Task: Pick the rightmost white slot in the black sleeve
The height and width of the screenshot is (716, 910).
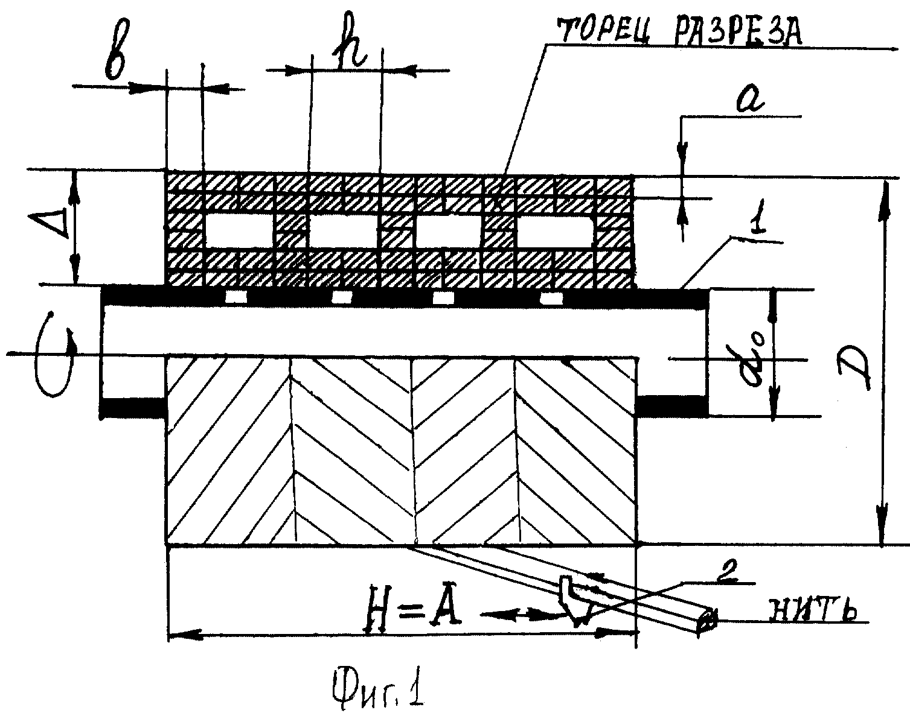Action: [x=552, y=298]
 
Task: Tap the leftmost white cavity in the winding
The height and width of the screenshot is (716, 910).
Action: [x=239, y=230]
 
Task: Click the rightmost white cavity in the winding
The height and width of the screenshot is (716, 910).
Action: [x=557, y=232]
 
